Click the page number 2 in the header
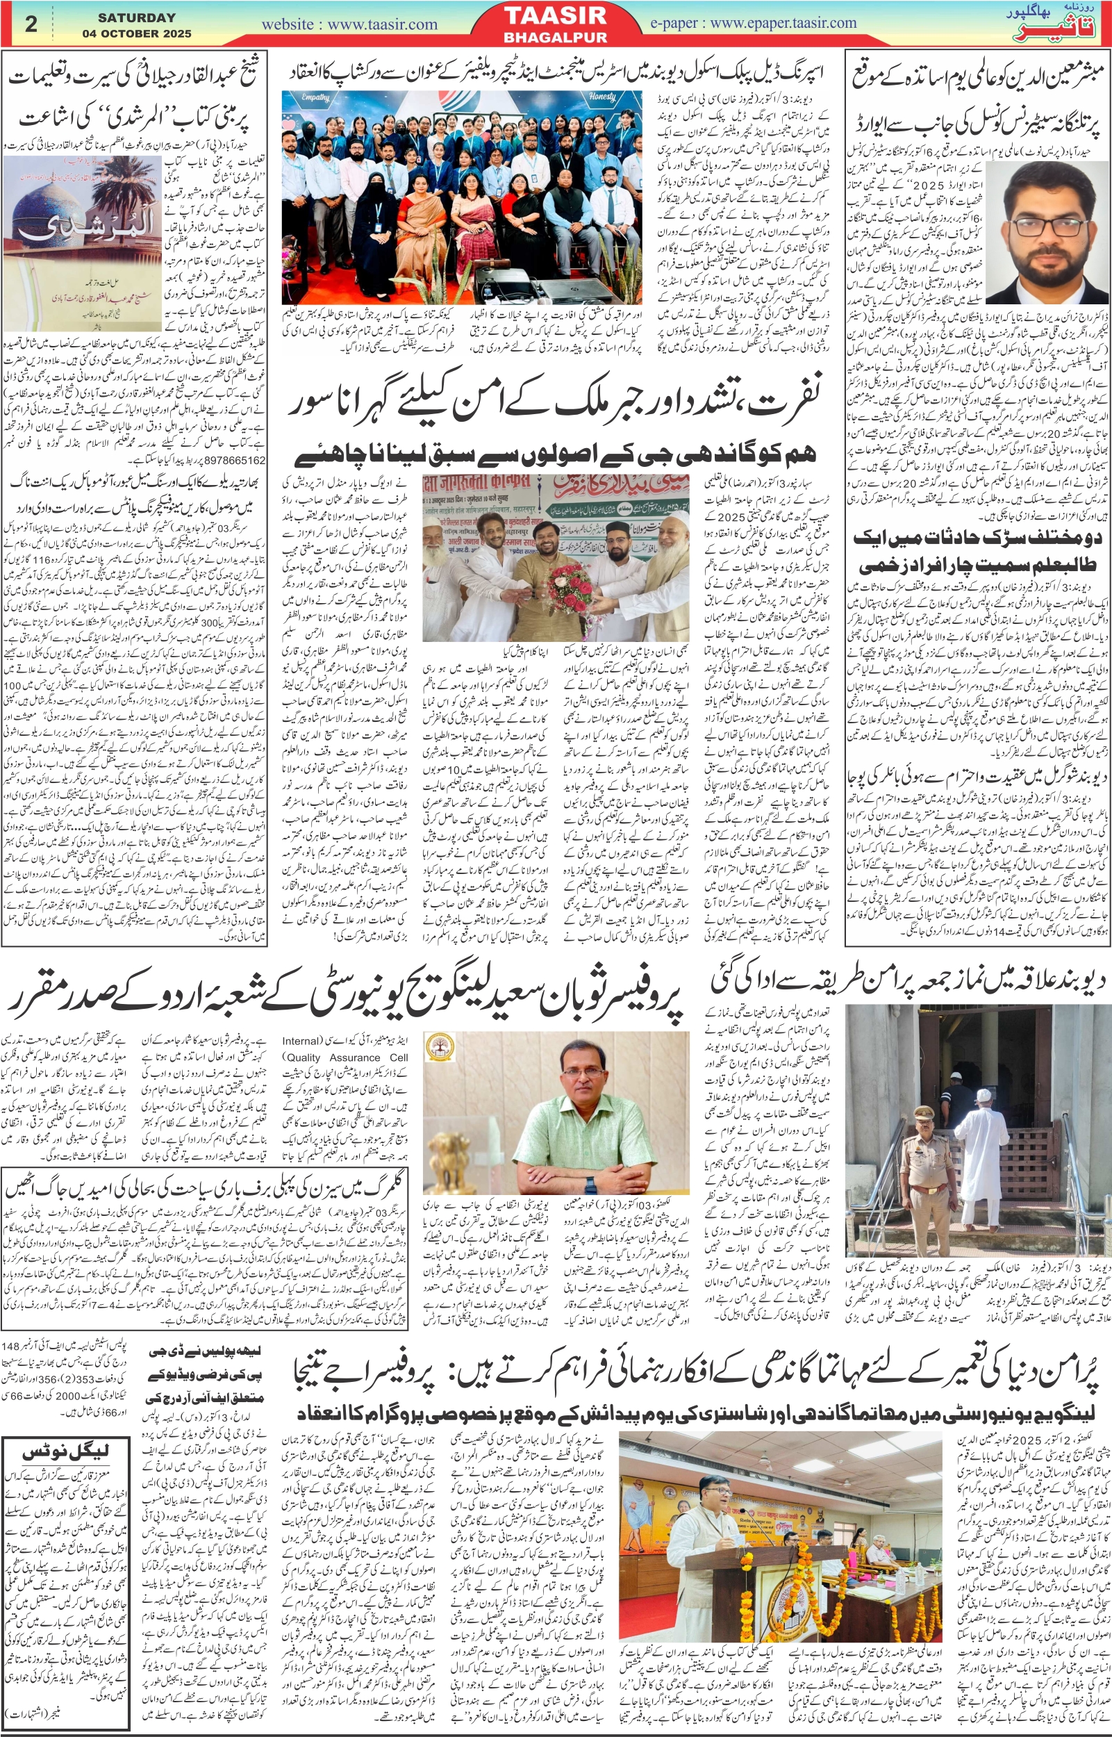click(31, 24)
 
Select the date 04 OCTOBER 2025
click(136, 33)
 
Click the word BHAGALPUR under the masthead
click(554, 37)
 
